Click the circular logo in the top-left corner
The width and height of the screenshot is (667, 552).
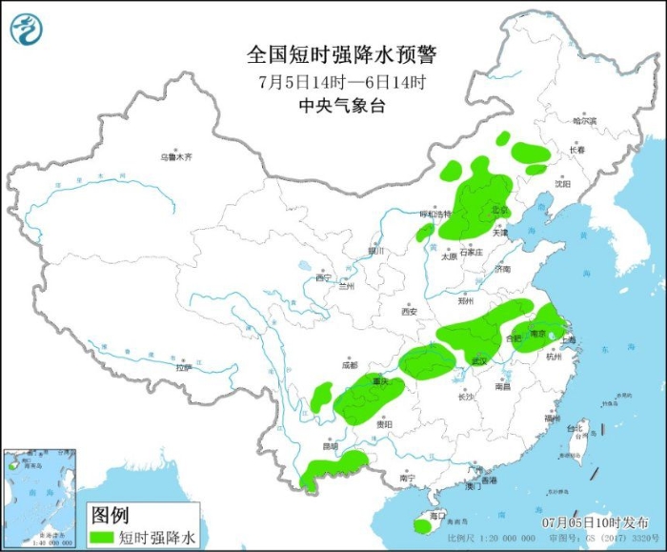pos(27,30)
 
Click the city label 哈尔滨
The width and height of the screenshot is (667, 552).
pos(584,121)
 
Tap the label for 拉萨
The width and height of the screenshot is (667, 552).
pos(184,367)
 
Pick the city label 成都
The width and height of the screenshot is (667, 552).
pos(349,365)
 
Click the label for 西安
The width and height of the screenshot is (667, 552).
pos(409,311)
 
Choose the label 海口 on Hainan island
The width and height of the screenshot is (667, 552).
pos(437,515)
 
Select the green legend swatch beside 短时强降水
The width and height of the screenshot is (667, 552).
pos(101,537)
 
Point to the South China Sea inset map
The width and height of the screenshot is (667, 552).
pos(39,498)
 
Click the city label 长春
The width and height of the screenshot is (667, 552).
pos(576,150)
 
